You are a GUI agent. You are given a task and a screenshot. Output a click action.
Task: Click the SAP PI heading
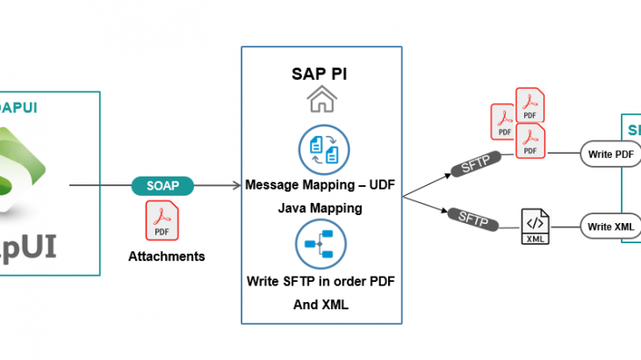(320, 73)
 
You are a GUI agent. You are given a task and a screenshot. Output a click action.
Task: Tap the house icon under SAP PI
(320, 100)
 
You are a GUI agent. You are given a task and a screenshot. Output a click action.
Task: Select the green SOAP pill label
(163, 186)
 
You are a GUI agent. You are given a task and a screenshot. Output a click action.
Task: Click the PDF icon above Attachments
(162, 220)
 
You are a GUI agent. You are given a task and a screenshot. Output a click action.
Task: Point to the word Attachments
(167, 256)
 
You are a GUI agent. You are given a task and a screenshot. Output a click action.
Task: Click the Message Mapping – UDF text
(320, 186)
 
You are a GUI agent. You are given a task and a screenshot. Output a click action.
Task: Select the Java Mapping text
(320, 209)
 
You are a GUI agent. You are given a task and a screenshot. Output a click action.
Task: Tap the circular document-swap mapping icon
(320, 150)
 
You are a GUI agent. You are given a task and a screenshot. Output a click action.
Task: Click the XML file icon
(534, 227)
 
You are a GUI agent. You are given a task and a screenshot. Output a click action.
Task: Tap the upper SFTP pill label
(473, 162)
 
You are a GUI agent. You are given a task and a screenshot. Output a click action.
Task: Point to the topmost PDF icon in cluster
(530, 105)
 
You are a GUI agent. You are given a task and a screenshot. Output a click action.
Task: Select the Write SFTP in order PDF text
(320, 283)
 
